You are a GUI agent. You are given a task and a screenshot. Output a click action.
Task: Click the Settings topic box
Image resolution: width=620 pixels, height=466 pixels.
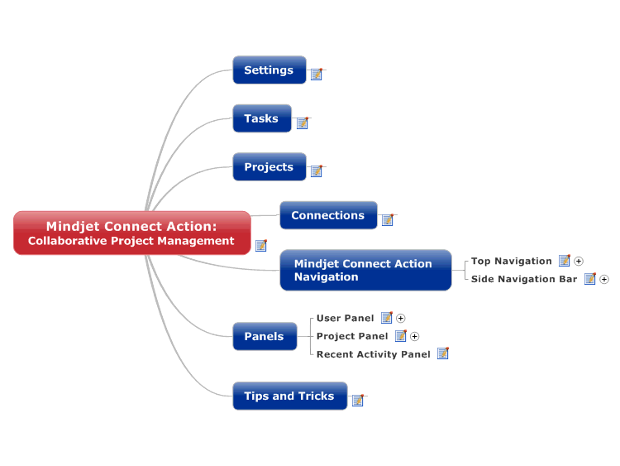(269, 70)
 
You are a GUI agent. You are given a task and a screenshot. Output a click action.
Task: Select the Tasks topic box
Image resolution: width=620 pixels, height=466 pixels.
(262, 118)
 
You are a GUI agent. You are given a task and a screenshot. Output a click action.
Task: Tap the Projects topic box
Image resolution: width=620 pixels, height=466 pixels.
(269, 166)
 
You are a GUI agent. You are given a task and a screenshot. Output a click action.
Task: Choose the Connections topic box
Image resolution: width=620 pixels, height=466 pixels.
(328, 215)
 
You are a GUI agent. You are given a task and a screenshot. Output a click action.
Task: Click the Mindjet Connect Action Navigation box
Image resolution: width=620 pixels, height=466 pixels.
(365, 270)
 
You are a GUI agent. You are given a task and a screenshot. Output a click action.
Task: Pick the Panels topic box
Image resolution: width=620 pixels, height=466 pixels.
(265, 336)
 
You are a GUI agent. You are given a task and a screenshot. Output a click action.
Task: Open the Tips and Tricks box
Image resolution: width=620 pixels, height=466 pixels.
(290, 396)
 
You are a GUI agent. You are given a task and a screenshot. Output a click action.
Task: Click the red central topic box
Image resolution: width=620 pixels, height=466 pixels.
(132, 233)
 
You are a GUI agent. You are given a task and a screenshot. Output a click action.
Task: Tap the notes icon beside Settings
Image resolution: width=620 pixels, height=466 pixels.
(317, 74)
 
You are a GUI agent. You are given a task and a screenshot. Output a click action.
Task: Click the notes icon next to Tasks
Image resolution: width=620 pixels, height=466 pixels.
(303, 123)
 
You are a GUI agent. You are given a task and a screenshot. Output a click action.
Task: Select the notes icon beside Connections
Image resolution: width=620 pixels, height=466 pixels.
(388, 219)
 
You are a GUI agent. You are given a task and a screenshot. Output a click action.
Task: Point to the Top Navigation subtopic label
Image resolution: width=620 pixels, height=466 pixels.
(511, 262)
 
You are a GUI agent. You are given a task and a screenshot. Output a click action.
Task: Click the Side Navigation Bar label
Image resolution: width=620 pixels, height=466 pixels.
(524, 279)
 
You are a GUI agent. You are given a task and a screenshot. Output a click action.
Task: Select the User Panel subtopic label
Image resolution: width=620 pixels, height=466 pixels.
(346, 319)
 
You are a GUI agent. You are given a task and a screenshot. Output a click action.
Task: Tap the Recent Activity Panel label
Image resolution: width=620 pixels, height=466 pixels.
(374, 354)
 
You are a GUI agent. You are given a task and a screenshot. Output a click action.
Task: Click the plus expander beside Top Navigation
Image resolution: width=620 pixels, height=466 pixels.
(579, 262)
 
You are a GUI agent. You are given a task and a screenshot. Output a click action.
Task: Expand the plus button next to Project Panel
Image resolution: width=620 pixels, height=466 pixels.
(414, 337)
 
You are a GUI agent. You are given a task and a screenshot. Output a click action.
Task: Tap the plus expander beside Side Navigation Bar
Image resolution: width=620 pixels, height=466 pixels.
(604, 280)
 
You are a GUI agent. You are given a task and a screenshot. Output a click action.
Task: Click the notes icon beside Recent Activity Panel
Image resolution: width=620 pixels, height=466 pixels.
(443, 353)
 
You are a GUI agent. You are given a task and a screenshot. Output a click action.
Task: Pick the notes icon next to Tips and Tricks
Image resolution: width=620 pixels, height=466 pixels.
(358, 401)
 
